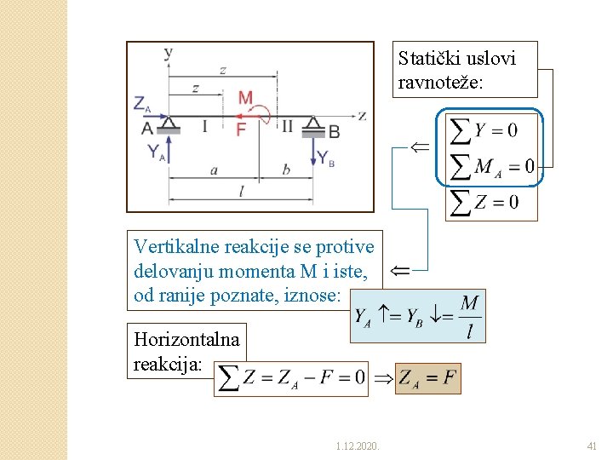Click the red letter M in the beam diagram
[245, 97]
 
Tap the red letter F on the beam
[241, 129]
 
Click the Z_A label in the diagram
[142, 104]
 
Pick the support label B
[334, 131]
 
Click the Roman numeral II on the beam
[287, 127]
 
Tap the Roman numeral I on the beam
[204, 127]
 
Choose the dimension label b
[286, 170]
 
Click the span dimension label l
[241, 193]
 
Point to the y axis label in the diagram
[168, 52]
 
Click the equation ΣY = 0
[483, 130]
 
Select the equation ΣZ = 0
[484, 202]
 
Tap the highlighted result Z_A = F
[428, 377]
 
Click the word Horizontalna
[186, 339]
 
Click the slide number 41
[592, 446]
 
